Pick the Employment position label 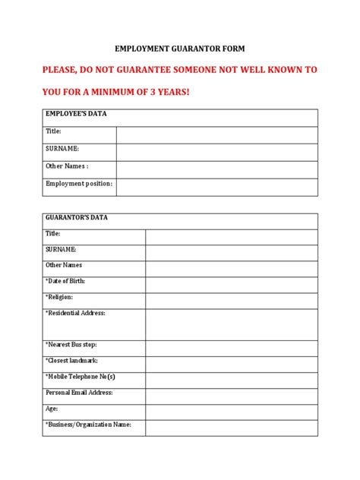[78, 184]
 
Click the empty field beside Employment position [216, 187]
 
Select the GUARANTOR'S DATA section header [77, 217]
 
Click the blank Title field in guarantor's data [232, 237]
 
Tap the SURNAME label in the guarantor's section [61, 249]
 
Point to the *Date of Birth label [65, 281]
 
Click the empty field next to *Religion [232, 301]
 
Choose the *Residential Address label [75, 313]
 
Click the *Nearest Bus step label [71, 344]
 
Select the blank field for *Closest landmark [232, 364]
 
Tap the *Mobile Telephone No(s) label [80, 377]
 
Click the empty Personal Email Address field [232, 396]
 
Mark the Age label [52, 409]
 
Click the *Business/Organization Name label [88, 425]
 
